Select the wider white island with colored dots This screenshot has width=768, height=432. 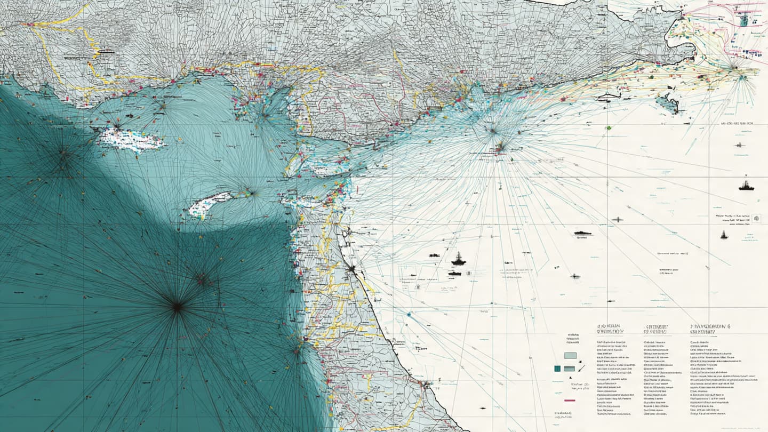(x=133, y=140)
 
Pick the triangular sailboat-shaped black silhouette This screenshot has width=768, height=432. (x=724, y=235)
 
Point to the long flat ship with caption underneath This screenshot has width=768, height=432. (x=582, y=233)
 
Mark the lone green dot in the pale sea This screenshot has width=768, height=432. (x=607, y=128)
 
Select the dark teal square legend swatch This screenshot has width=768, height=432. (x=557, y=368)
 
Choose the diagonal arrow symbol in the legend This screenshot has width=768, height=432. (x=582, y=368)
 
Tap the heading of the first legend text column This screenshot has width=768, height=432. (x=611, y=328)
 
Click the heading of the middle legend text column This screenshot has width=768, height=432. (x=657, y=328)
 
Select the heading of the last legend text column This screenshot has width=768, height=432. (x=709, y=328)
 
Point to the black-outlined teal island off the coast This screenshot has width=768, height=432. (x=667, y=103)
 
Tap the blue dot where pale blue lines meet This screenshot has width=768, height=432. (x=409, y=315)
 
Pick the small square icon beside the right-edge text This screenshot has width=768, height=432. (x=756, y=218)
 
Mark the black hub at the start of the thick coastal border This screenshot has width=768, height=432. (x=351, y=269)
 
